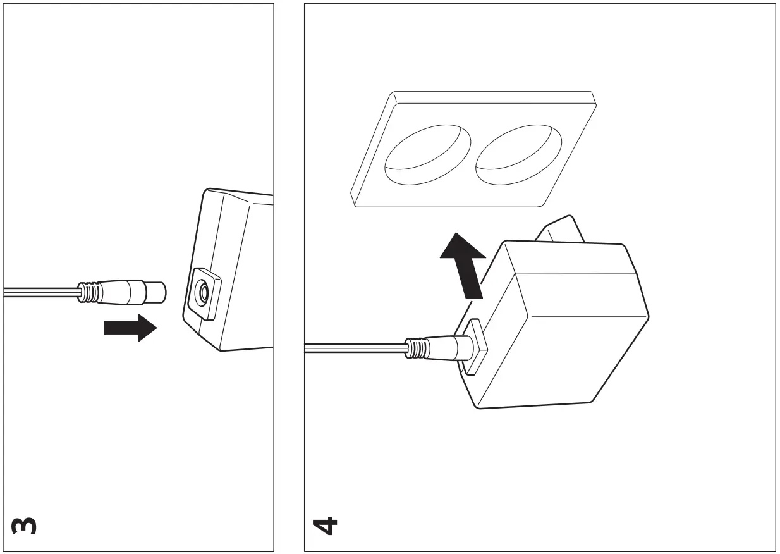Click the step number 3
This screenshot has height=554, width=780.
[x=23, y=525]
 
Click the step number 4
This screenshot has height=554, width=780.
[x=325, y=525]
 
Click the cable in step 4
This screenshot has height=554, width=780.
[x=354, y=347]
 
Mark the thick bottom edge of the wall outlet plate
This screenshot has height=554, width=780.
[x=449, y=203]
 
